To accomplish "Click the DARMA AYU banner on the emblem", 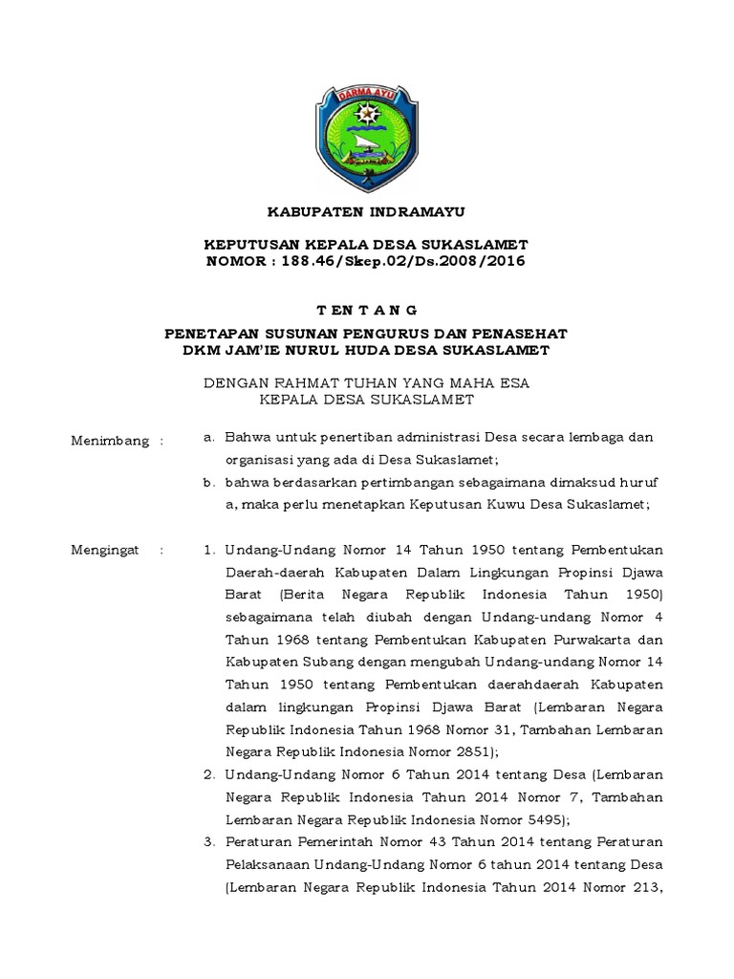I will tap(366, 96).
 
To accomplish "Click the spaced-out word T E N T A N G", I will tap(367, 310).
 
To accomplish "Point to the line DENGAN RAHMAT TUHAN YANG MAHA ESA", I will tap(367, 382).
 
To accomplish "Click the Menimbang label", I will tap(111, 441).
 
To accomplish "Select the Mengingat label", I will tap(107, 551).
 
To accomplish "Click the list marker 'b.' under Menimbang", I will tap(209, 484).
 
